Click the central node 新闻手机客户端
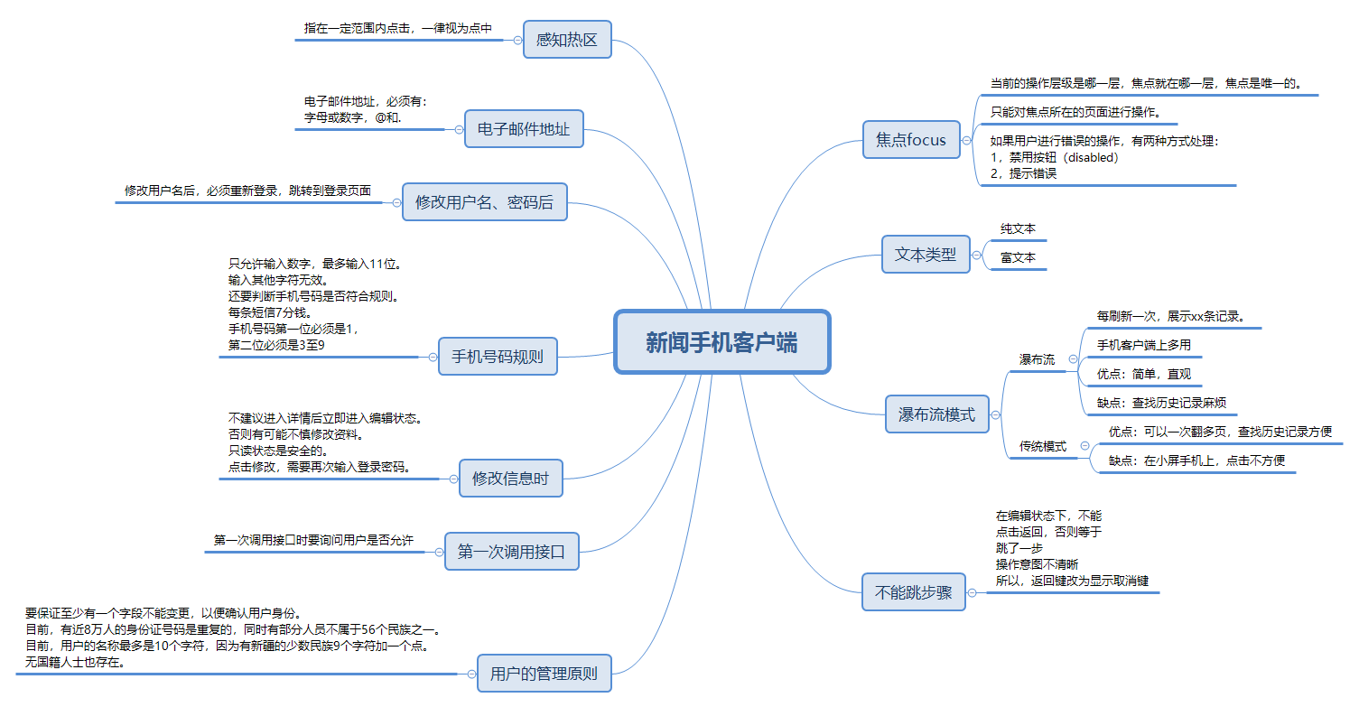click(721, 342)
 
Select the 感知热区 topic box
click(567, 40)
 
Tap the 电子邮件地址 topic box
click(524, 129)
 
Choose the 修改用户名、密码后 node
click(484, 202)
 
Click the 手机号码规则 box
click(498, 357)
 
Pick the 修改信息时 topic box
click(510, 479)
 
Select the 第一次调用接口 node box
click(511, 552)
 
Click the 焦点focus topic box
click(911, 140)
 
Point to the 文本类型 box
click(926, 255)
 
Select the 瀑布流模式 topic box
click(936, 415)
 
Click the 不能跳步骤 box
click(914, 593)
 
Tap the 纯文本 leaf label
click(1018, 229)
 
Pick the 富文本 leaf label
click(1018, 258)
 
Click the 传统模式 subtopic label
click(1043, 446)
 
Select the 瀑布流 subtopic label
click(1037, 359)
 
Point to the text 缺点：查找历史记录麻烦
click(1160, 403)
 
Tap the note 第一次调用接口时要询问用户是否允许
click(313, 541)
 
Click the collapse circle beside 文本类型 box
click(976, 256)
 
